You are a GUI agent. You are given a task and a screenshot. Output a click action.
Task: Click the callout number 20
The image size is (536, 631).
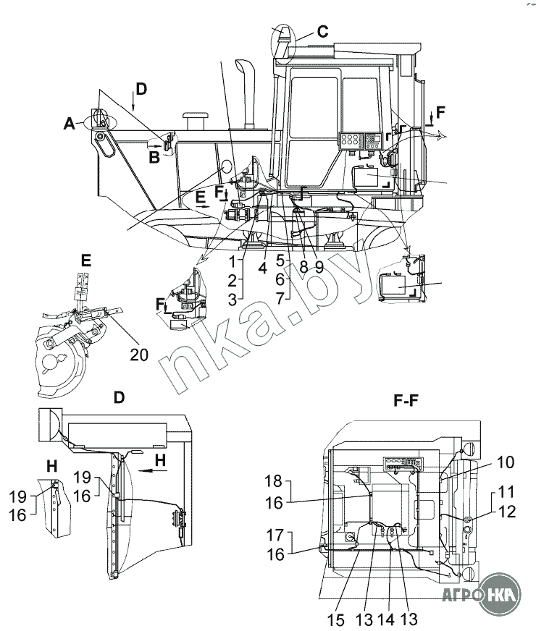(x=139, y=355)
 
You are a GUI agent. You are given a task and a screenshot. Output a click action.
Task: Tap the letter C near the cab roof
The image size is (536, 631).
(x=322, y=31)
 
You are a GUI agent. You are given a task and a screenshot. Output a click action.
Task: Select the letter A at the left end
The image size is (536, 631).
(x=70, y=124)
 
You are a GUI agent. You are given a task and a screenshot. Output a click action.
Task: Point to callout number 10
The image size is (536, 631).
(x=505, y=462)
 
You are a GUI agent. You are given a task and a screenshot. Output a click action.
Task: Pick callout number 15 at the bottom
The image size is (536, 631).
(x=335, y=620)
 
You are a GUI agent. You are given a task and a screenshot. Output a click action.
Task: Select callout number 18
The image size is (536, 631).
(x=274, y=481)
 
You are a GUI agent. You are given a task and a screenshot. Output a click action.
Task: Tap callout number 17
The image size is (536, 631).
(x=275, y=535)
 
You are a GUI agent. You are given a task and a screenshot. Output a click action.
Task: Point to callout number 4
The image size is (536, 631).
(x=263, y=267)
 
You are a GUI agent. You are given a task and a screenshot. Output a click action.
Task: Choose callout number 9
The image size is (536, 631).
(x=319, y=267)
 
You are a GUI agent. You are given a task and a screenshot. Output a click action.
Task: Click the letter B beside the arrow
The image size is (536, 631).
(x=154, y=157)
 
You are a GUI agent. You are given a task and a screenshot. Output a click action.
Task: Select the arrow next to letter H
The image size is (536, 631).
(x=149, y=470)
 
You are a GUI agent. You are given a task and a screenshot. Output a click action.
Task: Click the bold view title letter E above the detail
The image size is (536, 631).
(x=85, y=261)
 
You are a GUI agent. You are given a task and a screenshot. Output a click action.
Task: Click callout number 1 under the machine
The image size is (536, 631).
(x=233, y=262)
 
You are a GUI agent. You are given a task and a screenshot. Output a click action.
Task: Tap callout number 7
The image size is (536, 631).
(x=282, y=298)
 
